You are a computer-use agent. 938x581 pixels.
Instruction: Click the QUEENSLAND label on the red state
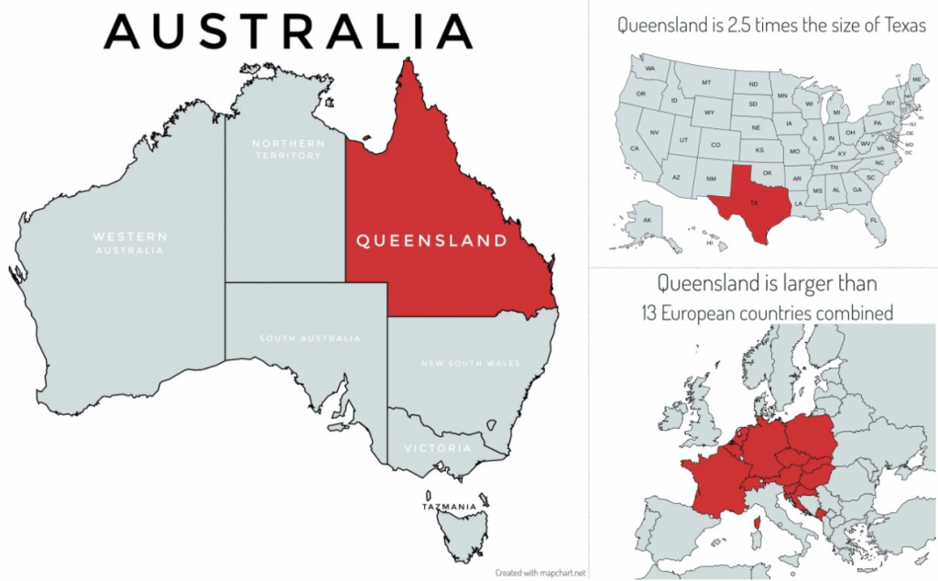pyautogui.click(x=431, y=241)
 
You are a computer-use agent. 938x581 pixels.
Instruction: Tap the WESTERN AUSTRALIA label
pyautogui.click(x=129, y=243)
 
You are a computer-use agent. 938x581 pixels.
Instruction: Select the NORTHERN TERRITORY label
pyautogui.click(x=288, y=149)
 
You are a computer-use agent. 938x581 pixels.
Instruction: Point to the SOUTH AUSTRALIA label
pyautogui.click(x=310, y=339)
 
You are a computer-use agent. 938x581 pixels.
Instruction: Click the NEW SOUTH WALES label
pyautogui.click(x=470, y=363)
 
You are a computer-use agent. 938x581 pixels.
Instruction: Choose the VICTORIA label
pyautogui.click(x=438, y=448)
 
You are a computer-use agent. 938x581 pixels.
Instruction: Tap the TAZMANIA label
pyautogui.click(x=449, y=507)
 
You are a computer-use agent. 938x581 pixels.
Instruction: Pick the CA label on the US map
pyautogui.click(x=634, y=148)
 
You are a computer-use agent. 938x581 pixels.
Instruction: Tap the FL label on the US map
pyautogui.click(x=874, y=221)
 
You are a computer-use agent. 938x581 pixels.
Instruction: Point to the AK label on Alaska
pyautogui.click(x=648, y=221)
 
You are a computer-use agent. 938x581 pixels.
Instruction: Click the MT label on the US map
pyautogui.click(x=705, y=82)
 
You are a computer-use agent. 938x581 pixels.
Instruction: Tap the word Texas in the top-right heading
pyautogui.click(x=900, y=25)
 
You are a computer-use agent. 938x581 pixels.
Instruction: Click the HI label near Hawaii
pyautogui.click(x=709, y=244)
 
